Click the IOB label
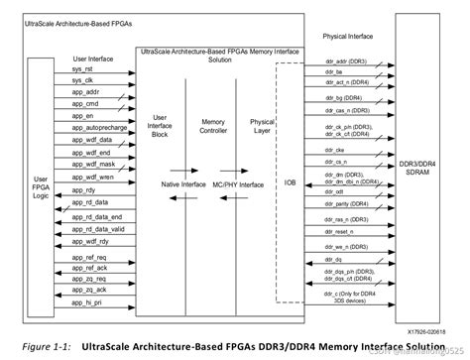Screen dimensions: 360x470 click(289, 184)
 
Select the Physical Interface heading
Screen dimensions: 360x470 click(349, 36)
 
